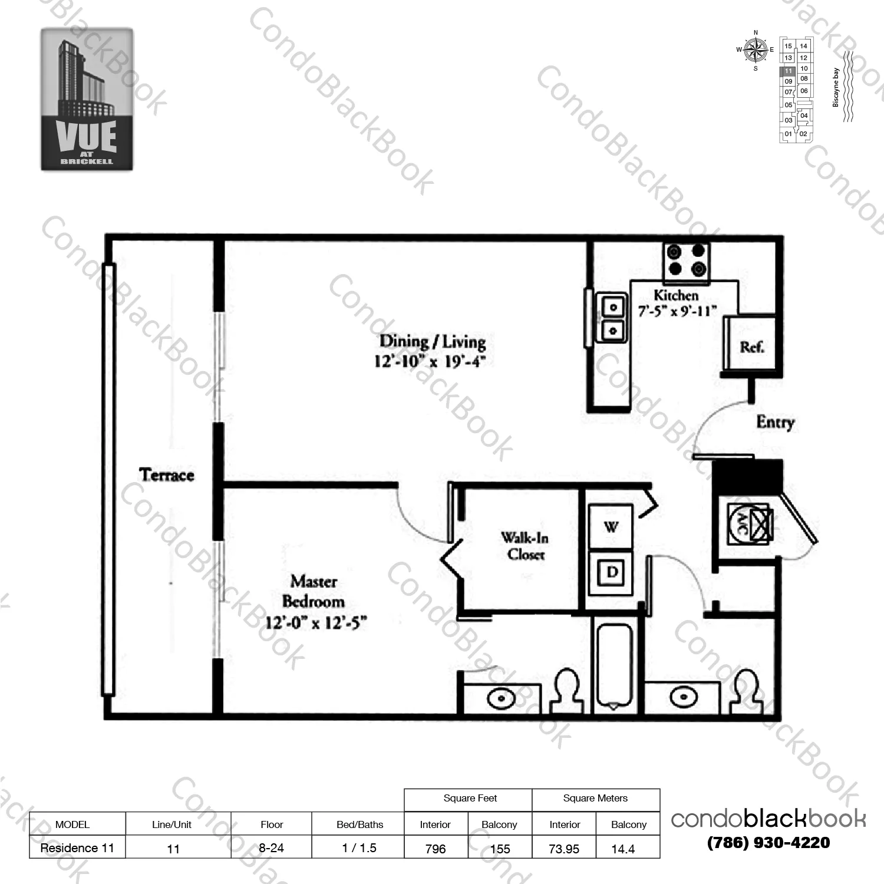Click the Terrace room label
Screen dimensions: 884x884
tap(167, 475)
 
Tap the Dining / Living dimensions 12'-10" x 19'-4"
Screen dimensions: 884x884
tap(430, 361)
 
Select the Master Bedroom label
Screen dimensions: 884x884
tap(314, 592)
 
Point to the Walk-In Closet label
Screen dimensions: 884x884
tap(525, 546)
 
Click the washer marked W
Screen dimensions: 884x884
tap(611, 526)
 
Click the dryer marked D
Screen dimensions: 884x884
tap(612, 572)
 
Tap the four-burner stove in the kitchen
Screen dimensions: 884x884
tap(686, 260)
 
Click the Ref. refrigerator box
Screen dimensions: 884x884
tap(751, 347)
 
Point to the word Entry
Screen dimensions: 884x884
tap(775, 422)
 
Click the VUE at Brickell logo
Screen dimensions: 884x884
tap(87, 100)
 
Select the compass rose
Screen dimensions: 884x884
tap(756, 50)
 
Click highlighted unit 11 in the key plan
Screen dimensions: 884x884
tap(788, 71)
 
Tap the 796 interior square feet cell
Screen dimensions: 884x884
tap(436, 849)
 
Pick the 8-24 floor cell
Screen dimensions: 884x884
tap(271, 848)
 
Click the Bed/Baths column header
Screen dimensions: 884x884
tap(359, 824)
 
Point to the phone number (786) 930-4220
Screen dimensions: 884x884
tap(768, 843)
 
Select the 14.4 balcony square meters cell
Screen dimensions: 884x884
tap(623, 849)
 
